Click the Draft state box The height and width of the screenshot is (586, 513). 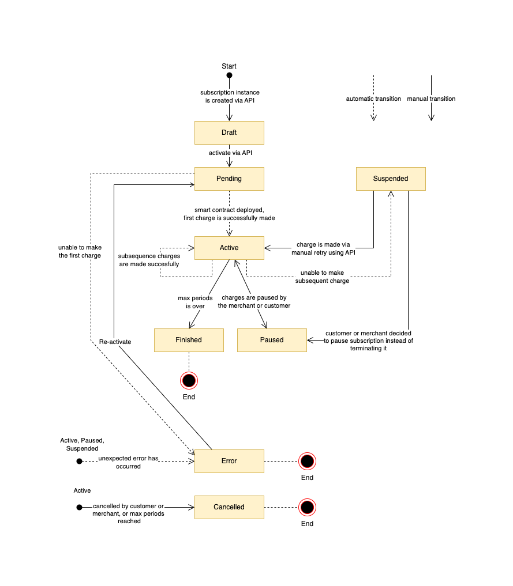pyautogui.click(x=229, y=133)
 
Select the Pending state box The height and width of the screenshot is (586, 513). pyautogui.click(x=229, y=179)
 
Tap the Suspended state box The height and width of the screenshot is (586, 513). pyautogui.click(x=391, y=179)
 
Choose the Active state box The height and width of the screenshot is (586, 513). pyautogui.click(x=229, y=248)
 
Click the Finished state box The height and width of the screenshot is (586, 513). pyautogui.click(x=189, y=340)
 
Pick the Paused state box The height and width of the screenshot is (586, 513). pyautogui.click(x=272, y=340)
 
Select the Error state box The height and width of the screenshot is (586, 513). pyautogui.click(x=229, y=461)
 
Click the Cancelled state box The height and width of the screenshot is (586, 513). pyautogui.click(x=229, y=507)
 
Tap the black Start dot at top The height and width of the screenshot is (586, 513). pyautogui.click(x=229, y=75)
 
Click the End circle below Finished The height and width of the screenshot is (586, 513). pyautogui.click(x=189, y=380)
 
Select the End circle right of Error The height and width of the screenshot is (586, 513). pyautogui.click(x=307, y=461)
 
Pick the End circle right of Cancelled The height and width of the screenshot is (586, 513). pyautogui.click(x=307, y=507)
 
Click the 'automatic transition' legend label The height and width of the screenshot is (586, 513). pyautogui.click(x=373, y=99)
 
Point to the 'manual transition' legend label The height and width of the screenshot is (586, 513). pyautogui.click(x=431, y=99)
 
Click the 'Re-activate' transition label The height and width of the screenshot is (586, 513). pyautogui.click(x=115, y=342)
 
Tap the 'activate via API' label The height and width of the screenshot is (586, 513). pyautogui.click(x=230, y=153)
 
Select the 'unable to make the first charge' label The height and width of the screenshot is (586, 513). pyautogui.click(x=80, y=251)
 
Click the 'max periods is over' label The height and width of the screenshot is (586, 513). pyautogui.click(x=195, y=302)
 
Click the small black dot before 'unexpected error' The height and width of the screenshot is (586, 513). pyautogui.click(x=80, y=461)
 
